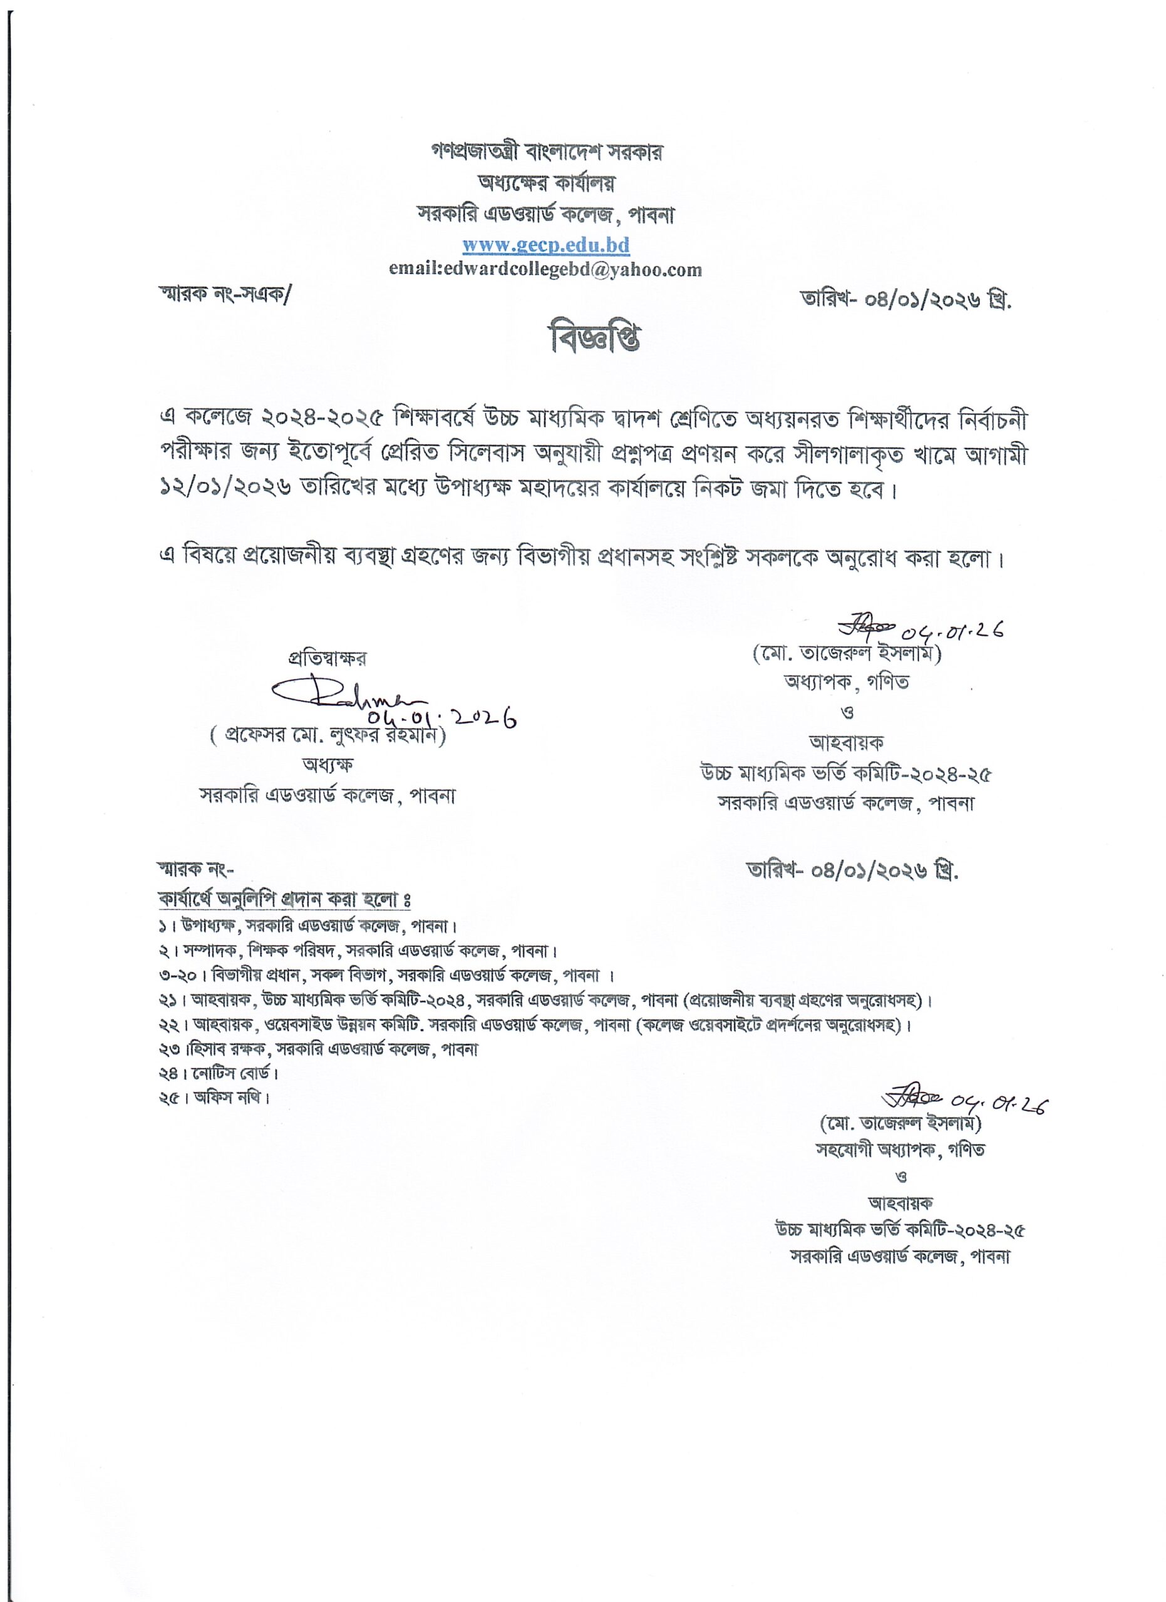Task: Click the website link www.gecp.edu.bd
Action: pyautogui.click(x=545, y=245)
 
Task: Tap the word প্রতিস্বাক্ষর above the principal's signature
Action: pyautogui.click(x=326, y=658)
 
